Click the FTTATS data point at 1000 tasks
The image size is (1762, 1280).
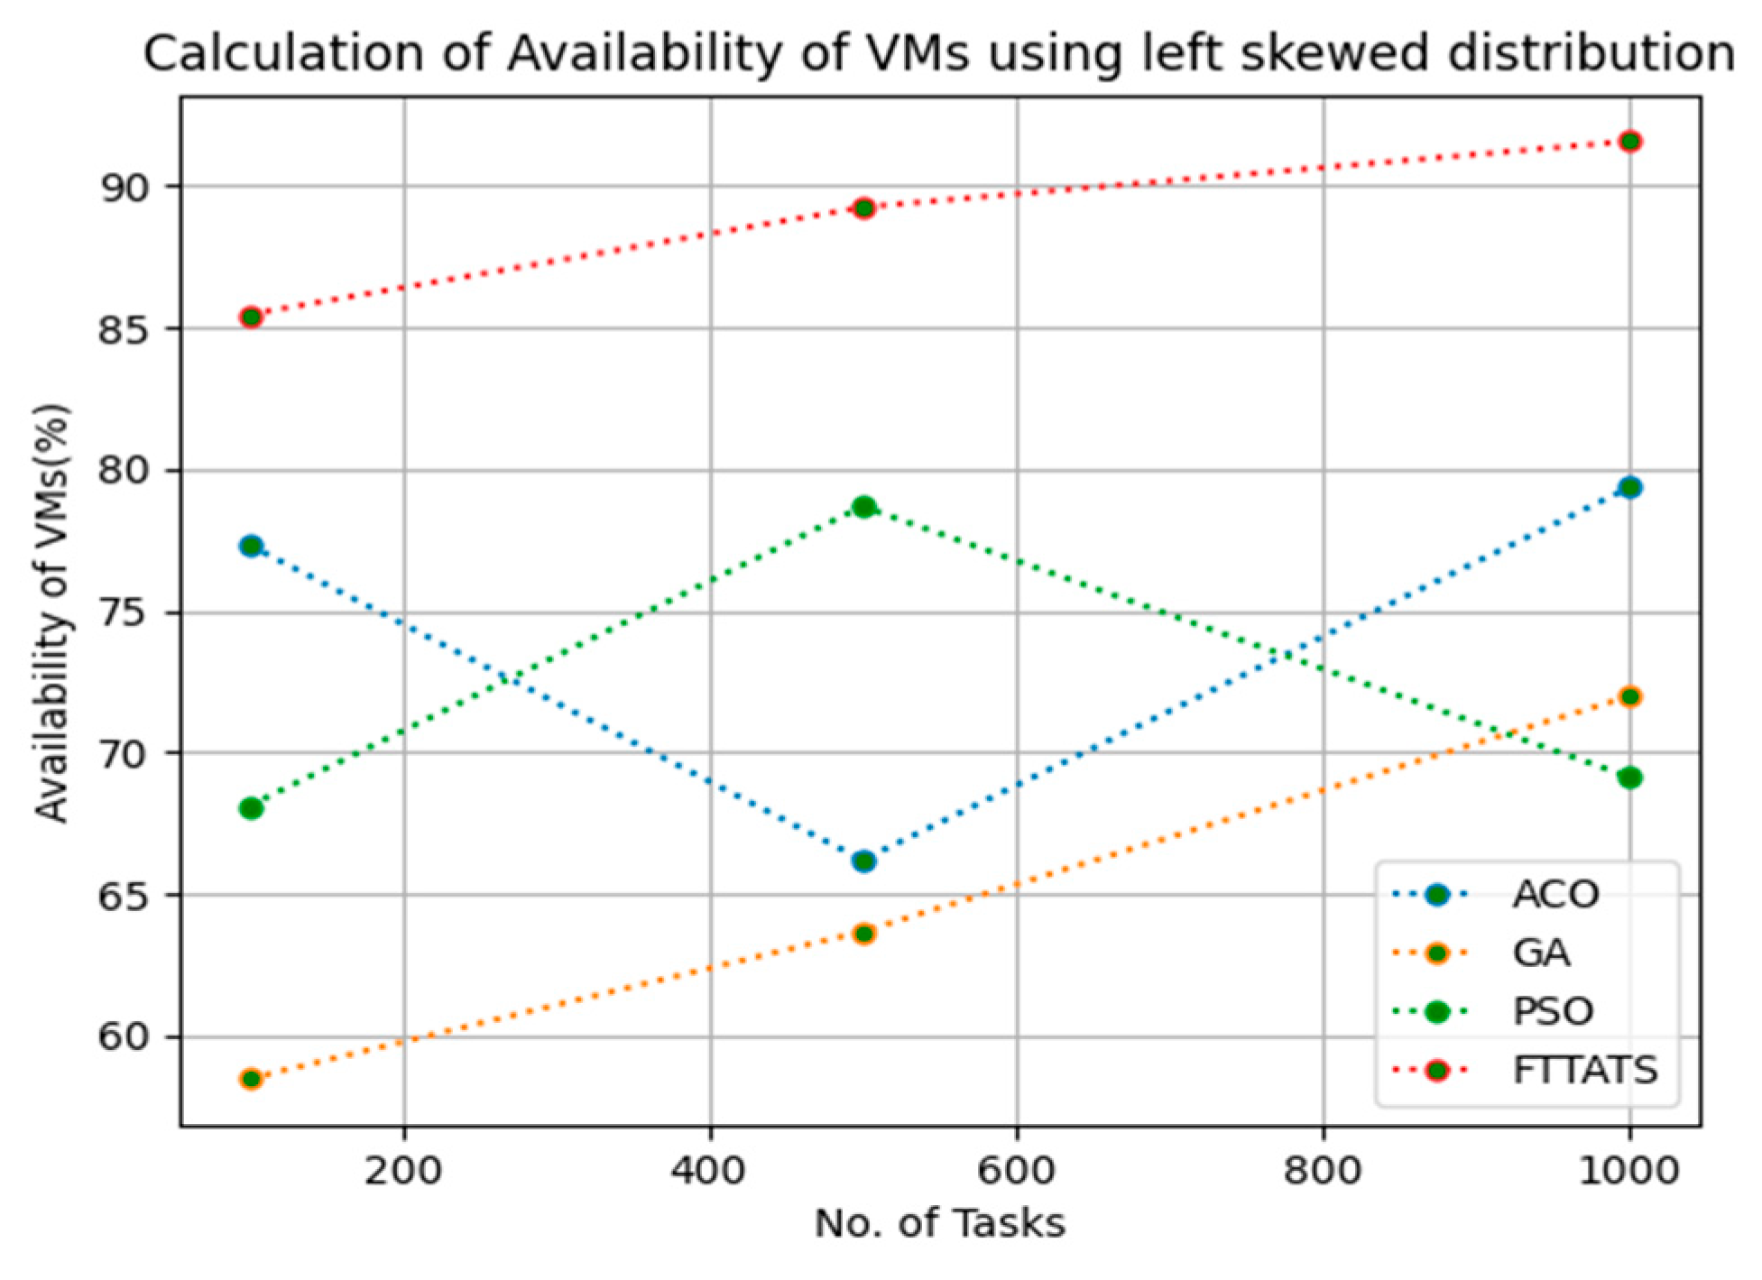coord(1629,142)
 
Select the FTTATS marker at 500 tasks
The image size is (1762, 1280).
coord(863,209)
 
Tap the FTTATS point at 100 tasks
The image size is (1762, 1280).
coord(251,317)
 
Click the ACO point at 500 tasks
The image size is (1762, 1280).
coord(863,861)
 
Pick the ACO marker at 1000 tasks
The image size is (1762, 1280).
coord(1629,488)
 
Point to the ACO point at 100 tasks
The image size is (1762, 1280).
coord(251,546)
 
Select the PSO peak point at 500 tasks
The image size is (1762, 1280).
coord(863,507)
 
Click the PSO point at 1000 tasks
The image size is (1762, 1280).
coord(1629,778)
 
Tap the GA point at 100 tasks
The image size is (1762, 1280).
coord(251,1079)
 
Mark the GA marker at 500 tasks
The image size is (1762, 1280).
coord(863,934)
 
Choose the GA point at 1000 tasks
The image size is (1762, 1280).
coord(1629,696)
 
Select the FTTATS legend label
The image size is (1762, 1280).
coord(1584,1070)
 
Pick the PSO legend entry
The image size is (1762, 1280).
coord(1552,1011)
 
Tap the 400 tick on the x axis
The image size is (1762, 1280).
coord(710,1170)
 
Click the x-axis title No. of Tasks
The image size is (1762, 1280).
coord(939,1224)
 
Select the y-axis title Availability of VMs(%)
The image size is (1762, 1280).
coord(52,613)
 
